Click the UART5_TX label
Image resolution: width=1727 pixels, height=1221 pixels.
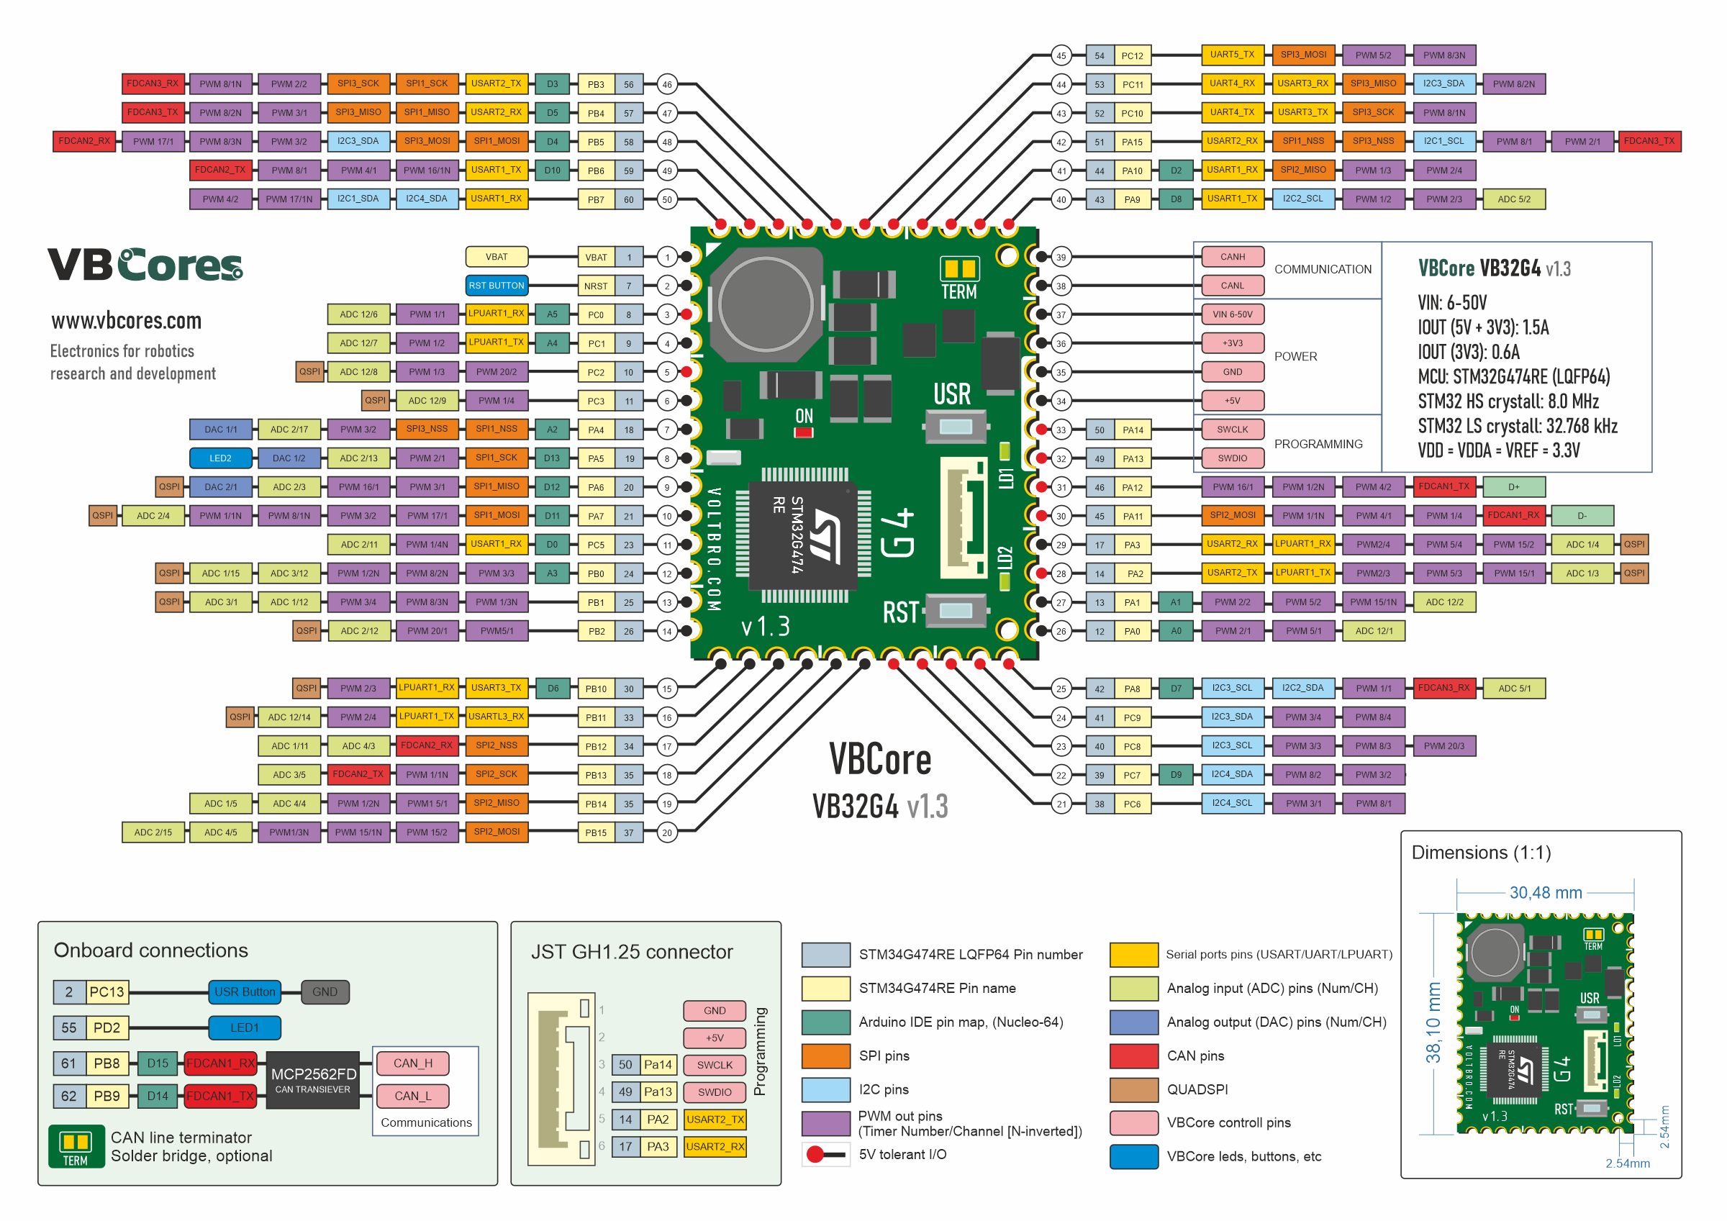(x=1231, y=55)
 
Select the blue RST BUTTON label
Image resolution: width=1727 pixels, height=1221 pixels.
(x=497, y=286)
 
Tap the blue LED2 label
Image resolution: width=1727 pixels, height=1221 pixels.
(x=220, y=458)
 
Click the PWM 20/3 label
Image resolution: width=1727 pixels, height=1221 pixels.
(x=1443, y=746)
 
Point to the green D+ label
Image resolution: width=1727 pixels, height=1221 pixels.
(x=1513, y=486)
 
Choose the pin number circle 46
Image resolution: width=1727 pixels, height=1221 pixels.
(x=667, y=84)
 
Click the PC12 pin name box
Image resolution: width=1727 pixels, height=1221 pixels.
(x=1132, y=55)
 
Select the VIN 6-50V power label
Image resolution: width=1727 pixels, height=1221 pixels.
(x=1232, y=314)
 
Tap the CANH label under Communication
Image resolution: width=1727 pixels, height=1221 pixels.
(x=1232, y=257)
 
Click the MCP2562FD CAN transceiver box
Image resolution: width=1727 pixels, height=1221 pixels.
(x=313, y=1079)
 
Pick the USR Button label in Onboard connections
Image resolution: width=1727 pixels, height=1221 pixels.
(x=245, y=992)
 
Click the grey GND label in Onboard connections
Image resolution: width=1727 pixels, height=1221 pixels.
(x=325, y=992)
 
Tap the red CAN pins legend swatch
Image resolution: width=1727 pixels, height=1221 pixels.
(x=1133, y=1056)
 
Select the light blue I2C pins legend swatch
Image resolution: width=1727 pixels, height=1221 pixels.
(x=826, y=1089)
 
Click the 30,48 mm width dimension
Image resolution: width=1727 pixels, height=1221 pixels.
(x=1545, y=893)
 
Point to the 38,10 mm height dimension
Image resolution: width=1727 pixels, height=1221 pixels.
(x=1433, y=1022)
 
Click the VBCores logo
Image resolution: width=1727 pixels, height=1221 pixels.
(x=145, y=265)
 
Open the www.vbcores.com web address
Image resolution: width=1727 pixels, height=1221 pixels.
(x=127, y=321)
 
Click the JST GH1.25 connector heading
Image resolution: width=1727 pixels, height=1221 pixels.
(x=632, y=952)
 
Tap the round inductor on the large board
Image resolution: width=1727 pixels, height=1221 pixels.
(x=766, y=304)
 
